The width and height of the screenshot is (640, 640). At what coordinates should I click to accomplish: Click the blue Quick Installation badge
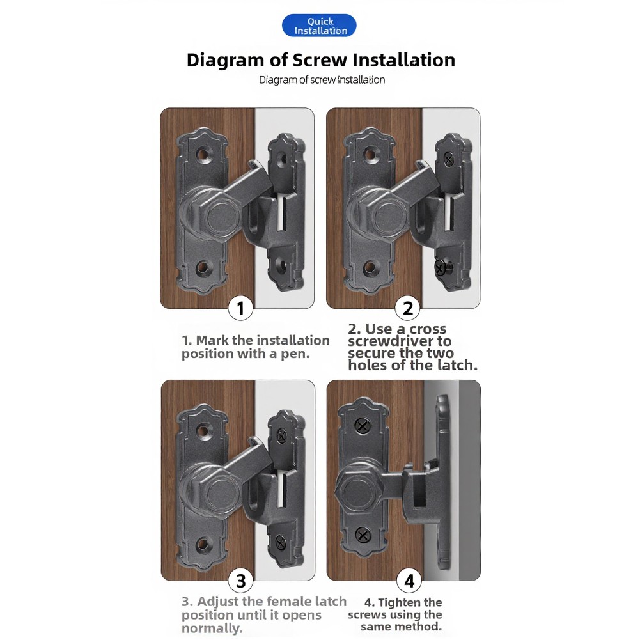[x=319, y=26]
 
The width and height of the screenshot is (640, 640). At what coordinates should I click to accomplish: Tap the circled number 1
[x=240, y=308]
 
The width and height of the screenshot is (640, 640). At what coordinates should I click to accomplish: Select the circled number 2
[x=408, y=308]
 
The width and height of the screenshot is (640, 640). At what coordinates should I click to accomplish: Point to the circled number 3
[x=241, y=581]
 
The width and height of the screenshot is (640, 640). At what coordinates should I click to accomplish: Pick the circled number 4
[x=409, y=581]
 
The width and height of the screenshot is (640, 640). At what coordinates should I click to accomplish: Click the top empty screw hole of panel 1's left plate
[x=203, y=155]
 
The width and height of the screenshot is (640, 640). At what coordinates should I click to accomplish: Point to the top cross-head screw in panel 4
[x=362, y=426]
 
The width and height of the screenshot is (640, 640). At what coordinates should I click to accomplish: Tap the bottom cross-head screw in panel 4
[x=363, y=535]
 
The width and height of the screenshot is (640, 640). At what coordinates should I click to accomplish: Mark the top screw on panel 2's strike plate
[x=449, y=159]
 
